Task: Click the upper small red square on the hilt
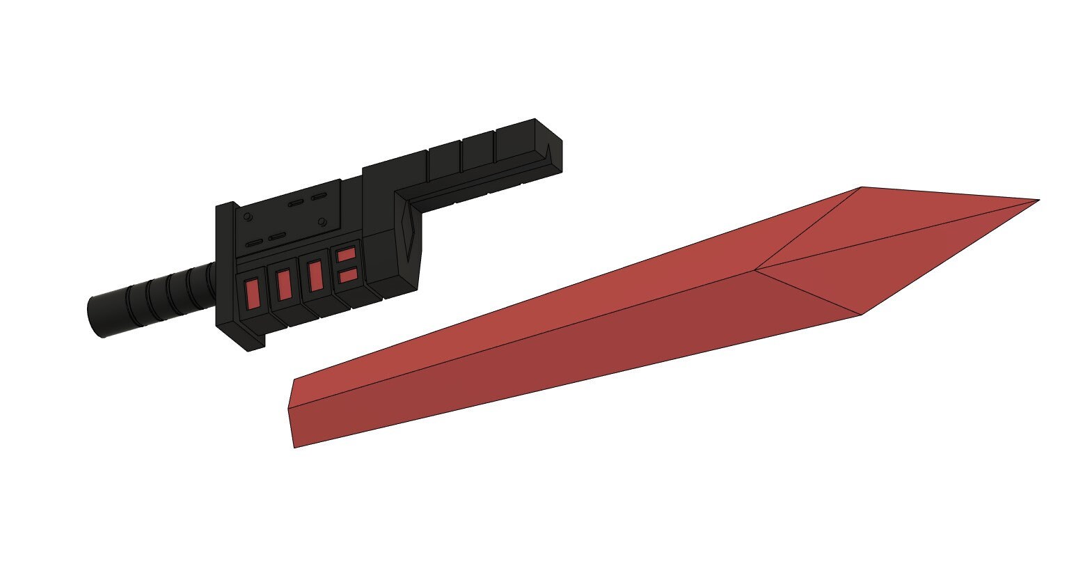point(347,254)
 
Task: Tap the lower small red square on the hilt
point(348,275)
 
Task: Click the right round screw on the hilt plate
point(322,221)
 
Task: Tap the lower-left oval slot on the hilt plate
point(254,243)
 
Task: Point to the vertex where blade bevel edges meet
point(756,269)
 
